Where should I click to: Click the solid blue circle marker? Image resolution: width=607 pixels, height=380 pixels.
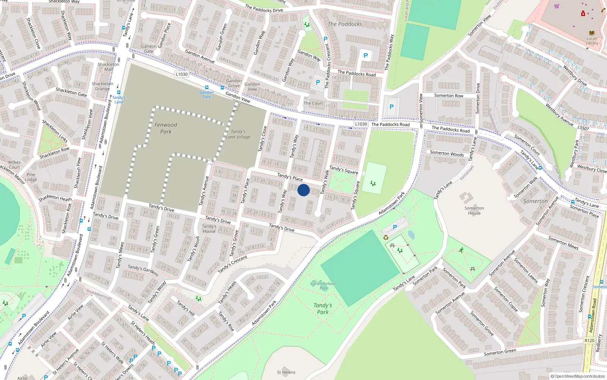[x=303, y=190]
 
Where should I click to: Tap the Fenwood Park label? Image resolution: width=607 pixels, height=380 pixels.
[x=166, y=128]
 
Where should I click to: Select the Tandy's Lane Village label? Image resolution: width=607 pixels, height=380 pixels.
[x=238, y=134]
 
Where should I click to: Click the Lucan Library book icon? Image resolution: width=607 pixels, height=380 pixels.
[x=592, y=33]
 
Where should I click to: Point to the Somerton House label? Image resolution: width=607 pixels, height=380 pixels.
[x=474, y=211]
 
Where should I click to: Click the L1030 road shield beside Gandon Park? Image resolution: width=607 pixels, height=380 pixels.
[x=182, y=74]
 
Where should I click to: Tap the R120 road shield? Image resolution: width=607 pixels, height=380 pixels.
[x=589, y=340]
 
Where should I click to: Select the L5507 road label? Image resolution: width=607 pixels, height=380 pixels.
[x=583, y=128]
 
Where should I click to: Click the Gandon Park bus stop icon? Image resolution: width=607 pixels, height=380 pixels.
[x=207, y=87]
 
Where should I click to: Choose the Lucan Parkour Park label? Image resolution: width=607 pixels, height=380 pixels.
[x=323, y=285]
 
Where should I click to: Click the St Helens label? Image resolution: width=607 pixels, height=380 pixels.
[x=286, y=372]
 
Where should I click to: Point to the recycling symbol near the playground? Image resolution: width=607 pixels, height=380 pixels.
[x=386, y=237]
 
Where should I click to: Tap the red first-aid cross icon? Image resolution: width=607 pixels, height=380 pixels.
[x=583, y=14]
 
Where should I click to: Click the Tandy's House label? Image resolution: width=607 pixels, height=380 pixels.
[x=209, y=228]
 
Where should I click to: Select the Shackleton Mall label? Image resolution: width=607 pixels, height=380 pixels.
[x=109, y=66]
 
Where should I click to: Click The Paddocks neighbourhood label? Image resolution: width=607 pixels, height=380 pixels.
[x=345, y=24]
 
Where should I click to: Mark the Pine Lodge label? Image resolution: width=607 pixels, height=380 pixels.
[x=31, y=177]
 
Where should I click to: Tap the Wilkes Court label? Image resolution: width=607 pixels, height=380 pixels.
[x=14, y=165]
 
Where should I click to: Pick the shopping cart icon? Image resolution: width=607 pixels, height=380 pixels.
[x=557, y=6]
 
